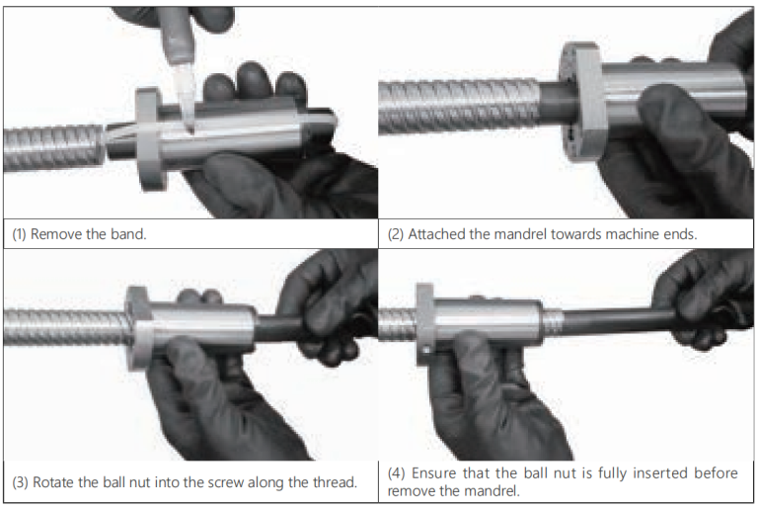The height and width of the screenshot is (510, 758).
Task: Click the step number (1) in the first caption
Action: pos(19,236)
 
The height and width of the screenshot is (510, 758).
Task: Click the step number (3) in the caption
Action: pos(19,483)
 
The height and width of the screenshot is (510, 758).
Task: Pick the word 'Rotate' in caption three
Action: pos(54,483)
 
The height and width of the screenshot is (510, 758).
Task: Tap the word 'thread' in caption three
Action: pos(331,483)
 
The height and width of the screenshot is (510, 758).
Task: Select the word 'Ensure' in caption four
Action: pos(438,474)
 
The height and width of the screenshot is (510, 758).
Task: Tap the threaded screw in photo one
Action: pos(49,146)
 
